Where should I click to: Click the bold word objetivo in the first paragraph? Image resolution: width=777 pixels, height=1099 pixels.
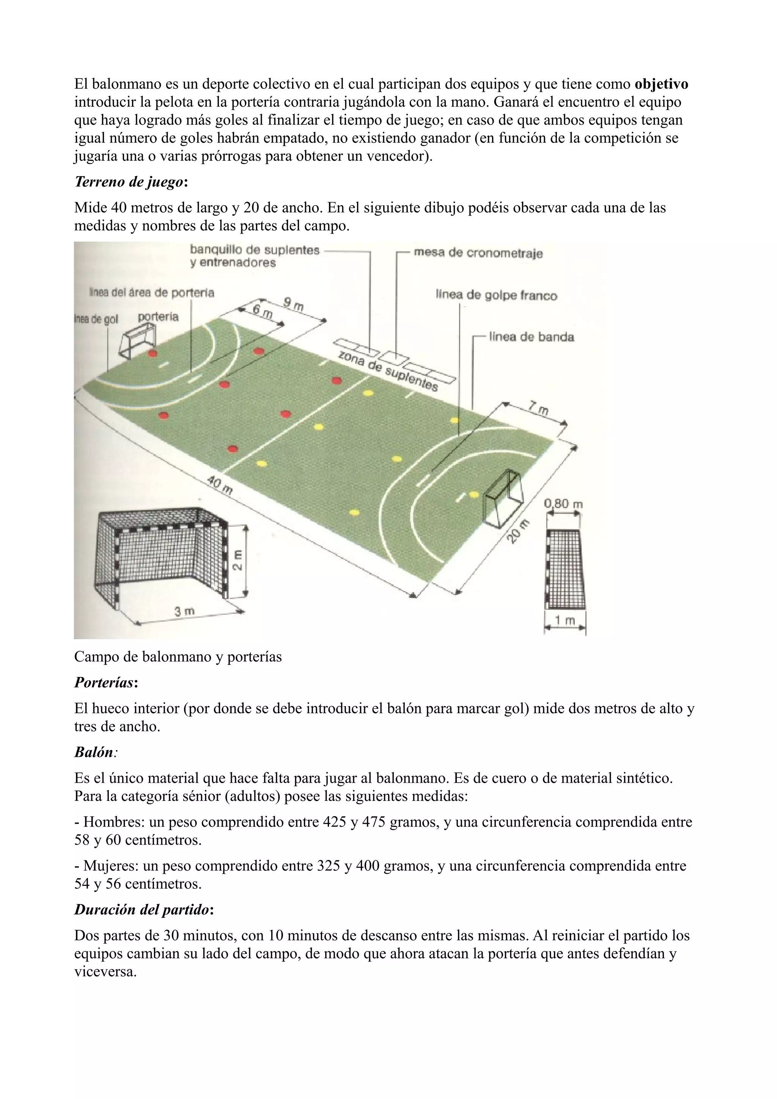coord(661,84)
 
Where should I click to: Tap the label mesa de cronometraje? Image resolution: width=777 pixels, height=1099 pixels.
coord(478,253)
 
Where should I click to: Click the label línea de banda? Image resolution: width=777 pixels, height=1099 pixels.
coord(531,337)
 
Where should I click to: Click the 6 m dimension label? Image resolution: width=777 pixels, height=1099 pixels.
coord(262,312)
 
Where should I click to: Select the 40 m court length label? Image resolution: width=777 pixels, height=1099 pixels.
coord(220,484)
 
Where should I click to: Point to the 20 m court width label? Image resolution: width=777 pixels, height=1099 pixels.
coord(518,531)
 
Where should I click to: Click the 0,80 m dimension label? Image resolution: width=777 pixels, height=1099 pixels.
coord(563,504)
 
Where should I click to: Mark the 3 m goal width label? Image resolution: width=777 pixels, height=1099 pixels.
coord(184,611)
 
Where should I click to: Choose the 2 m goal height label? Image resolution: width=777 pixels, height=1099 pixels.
coord(238,560)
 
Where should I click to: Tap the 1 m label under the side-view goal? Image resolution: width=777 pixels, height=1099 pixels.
coord(565,621)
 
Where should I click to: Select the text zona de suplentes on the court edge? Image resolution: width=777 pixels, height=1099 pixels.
coord(388,371)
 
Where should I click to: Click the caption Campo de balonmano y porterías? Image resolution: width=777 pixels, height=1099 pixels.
coord(178,657)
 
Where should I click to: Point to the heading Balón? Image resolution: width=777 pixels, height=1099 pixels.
coord(94,752)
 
